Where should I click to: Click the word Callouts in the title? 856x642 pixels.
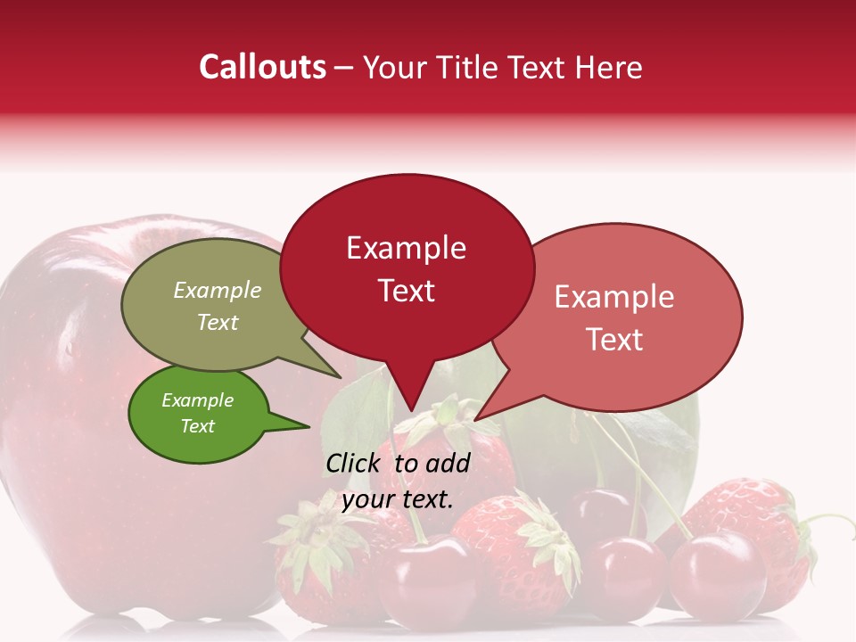click(262, 67)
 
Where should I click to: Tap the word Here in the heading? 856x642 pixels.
click(609, 68)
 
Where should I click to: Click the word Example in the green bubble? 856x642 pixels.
click(197, 400)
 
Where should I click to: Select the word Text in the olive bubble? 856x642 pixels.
click(218, 323)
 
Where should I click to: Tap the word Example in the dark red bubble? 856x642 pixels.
click(406, 248)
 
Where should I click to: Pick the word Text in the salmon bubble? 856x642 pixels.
click(614, 340)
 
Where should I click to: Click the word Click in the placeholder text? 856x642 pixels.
click(356, 463)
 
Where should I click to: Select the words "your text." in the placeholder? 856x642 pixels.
click(397, 498)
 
